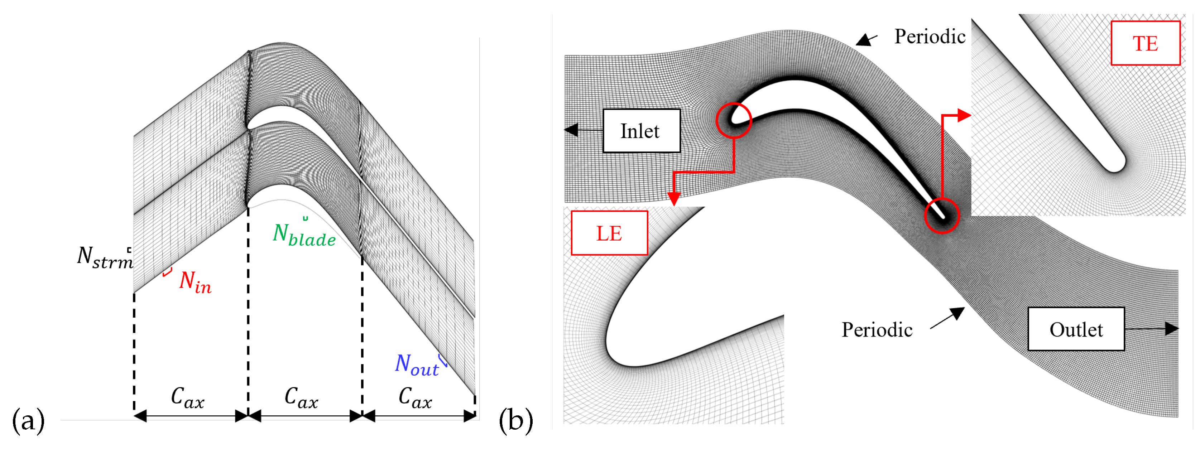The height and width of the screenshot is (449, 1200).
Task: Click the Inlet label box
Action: pyautogui.click(x=641, y=131)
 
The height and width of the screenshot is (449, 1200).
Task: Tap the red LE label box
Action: pyautogui.click(x=609, y=233)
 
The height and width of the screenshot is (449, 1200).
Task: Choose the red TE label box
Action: pyautogui.click(x=1145, y=43)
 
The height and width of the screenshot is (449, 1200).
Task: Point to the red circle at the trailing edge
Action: pyautogui.click(x=941, y=215)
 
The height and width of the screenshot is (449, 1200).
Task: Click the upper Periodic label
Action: pyautogui.click(x=929, y=36)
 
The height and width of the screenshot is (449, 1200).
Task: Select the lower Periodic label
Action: pyautogui.click(x=876, y=330)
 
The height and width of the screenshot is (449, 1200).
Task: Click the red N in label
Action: pyautogui.click(x=195, y=282)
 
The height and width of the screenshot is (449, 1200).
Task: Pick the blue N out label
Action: pyautogui.click(x=417, y=365)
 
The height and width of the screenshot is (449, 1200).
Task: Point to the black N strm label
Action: pyautogui.click(x=105, y=257)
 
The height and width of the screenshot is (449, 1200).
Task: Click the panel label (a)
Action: pyautogui.click(x=28, y=421)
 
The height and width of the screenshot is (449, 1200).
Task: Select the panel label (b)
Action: pyautogui.click(x=516, y=421)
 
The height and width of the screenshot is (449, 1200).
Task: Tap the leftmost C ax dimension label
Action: pyautogui.click(x=187, y=398)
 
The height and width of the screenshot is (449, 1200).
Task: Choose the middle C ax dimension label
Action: pyautogui.click(x=301, y=398)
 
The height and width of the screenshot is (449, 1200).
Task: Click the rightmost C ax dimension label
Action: pyautogui.click(x=415, y=398)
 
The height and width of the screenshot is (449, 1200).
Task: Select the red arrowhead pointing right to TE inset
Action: pyautogui.click(x=964, y=115)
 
